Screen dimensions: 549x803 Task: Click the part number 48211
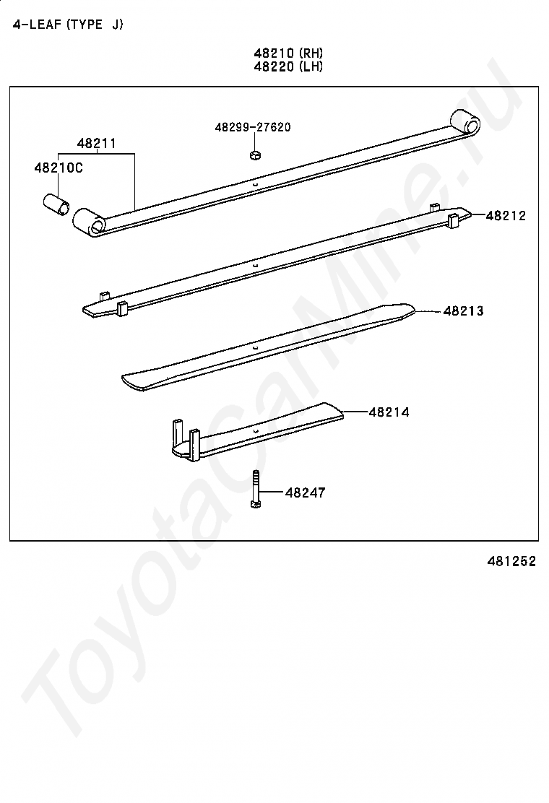click(x=96, y=144)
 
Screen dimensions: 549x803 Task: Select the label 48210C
click(x=59, y=168)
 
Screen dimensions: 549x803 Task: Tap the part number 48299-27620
click(x=253, y=127)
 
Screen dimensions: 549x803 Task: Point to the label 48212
click(x=506, y=216)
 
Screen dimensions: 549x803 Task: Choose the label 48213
click(x=463, y=311)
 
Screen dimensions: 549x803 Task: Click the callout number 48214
click(x=389, y=412)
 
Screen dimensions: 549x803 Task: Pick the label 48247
click(x=306, y=492)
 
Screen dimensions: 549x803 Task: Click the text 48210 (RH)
click(x=288, y=53)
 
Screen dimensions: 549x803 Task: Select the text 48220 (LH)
click(x=288, y=66)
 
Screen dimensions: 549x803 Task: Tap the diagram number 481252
click(x=511, y=561)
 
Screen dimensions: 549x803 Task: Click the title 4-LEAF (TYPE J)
click(x=68, y=25)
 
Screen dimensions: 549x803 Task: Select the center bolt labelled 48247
click(x=256, y=489)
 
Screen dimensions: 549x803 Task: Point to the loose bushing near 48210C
click(x=56, y=204)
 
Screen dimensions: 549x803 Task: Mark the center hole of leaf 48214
click(x=254, y=432)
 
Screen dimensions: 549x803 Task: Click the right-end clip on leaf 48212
click(x=453, y=221)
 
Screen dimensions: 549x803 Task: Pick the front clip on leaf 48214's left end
click(x=194, y=445)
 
